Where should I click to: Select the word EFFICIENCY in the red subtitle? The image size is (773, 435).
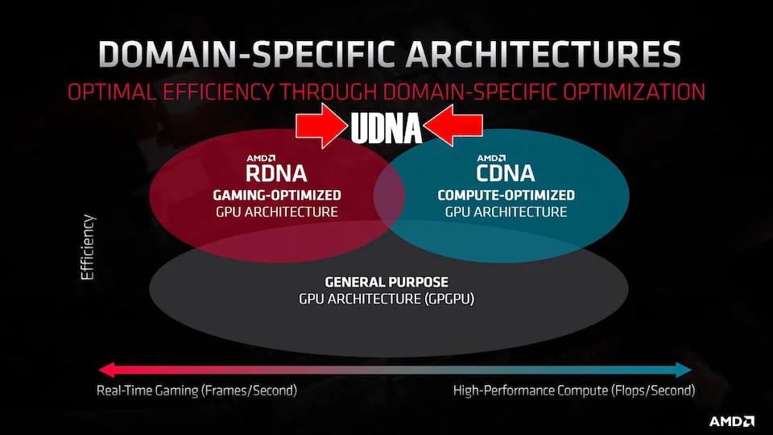tap(218, 92)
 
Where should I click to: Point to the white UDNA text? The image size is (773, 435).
tap(386, 128)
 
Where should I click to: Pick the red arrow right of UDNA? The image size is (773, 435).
tap(453, 126)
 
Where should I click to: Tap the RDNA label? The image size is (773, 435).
tap(276, 174)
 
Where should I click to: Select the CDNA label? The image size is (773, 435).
tap(506, 174)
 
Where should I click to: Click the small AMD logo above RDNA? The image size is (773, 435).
tap(261, 159)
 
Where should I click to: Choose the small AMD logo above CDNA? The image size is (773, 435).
tap(491, 159)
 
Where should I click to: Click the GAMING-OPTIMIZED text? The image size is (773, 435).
tap(276, 195)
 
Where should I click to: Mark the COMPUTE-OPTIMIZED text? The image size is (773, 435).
tap(506, 195)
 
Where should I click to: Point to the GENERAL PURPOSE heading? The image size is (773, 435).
tap(386, 282)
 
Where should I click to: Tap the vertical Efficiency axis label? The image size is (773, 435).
tap(87, 247)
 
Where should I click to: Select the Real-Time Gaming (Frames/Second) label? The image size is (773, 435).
tap(196, 391)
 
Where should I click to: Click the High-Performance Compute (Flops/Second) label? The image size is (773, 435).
tap(574, 391)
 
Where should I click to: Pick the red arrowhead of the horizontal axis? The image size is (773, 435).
tap(106, 370)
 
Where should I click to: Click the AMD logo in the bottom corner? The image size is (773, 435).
tap(732, 421)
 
